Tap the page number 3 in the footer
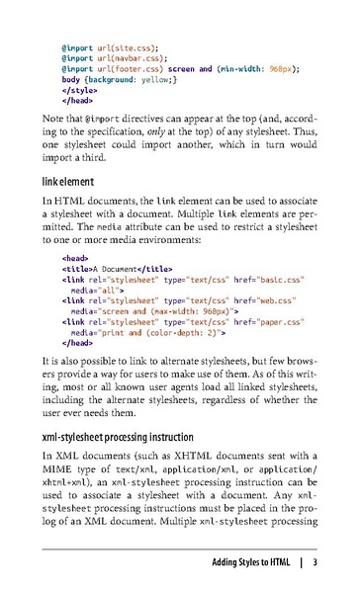pos(314,564)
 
